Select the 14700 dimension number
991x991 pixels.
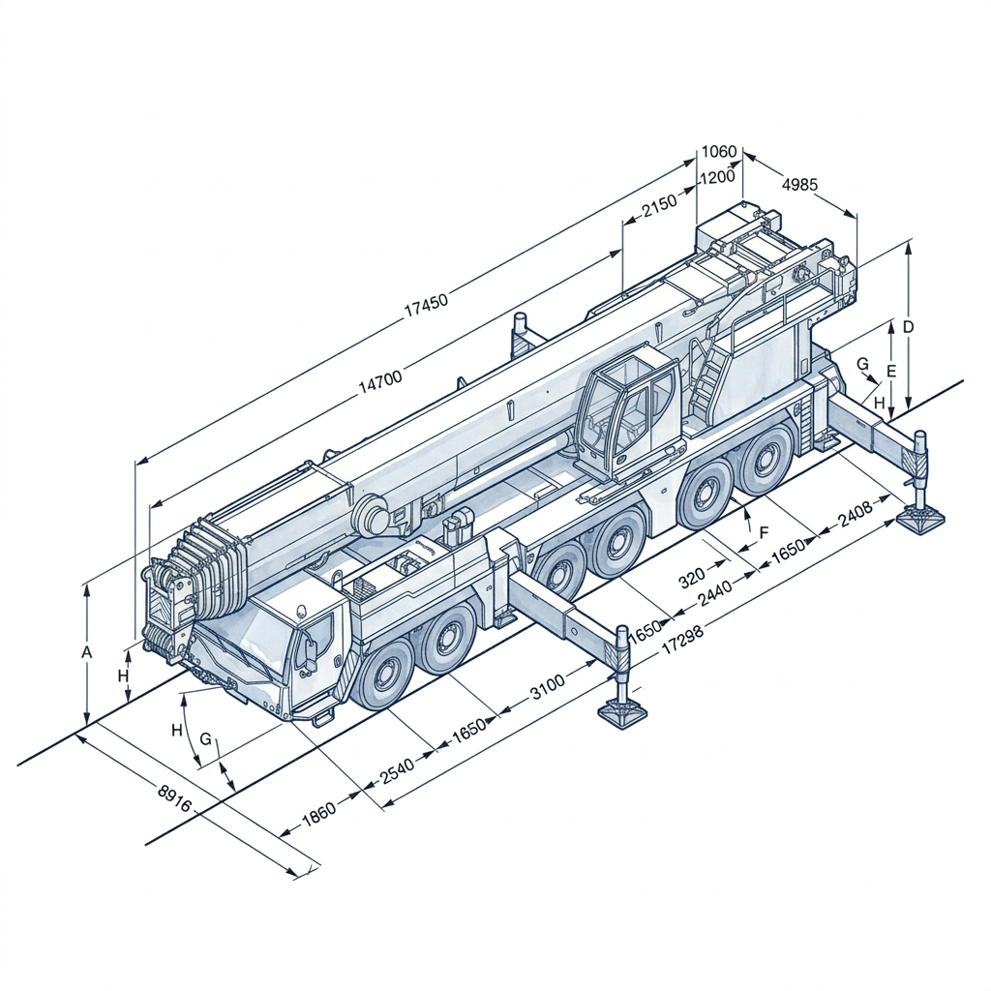tap(379, 381)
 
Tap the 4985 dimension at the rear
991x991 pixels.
tap(799, 185)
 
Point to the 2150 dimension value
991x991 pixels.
tap(659, 206)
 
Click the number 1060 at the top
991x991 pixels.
tap(719, 151)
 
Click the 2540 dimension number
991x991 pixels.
tap(396, 768)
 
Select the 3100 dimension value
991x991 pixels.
tap(547, 688)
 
